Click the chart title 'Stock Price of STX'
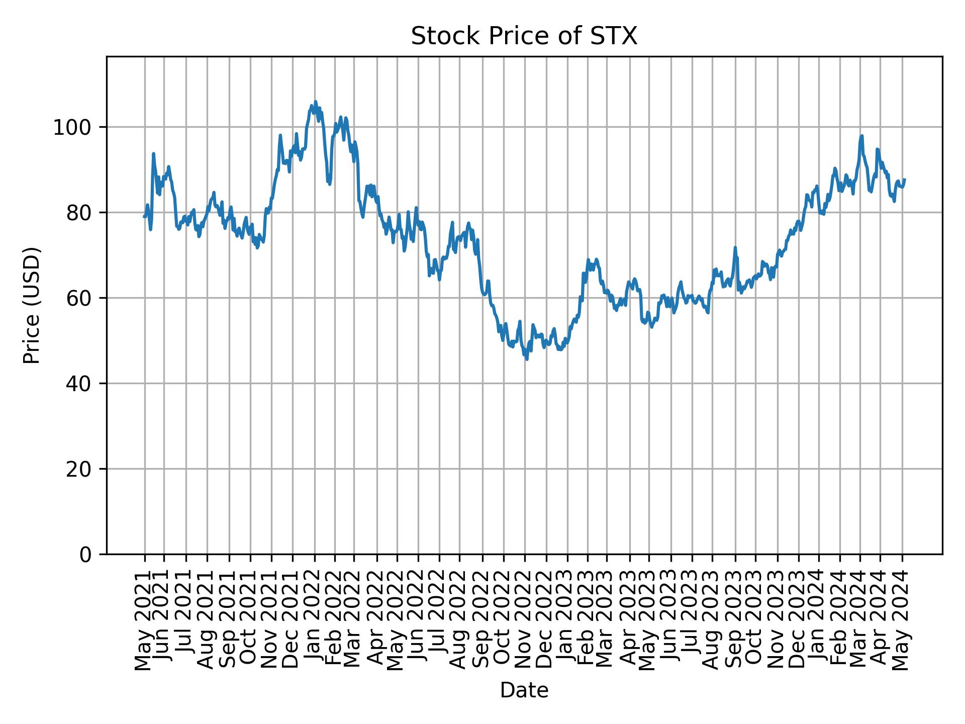(x=524, y=37)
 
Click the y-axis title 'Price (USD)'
(x=32, y=305)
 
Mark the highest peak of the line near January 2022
(x=315, y=102)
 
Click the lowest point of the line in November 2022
(x=527, y=359)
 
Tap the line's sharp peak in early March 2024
(x=861, y=136)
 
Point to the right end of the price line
(x=905, y=179)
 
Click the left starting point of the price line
(x=144, y=217)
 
